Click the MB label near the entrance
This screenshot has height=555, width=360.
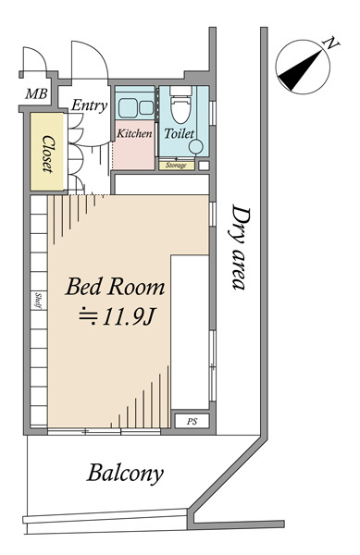[x=36, y=93]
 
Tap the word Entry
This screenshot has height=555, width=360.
[x=90, y=105]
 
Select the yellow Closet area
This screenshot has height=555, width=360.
[x=47, y=152]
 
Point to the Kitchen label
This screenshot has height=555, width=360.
[x=134, y=133]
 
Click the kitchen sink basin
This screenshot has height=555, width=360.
[x=129, y=108]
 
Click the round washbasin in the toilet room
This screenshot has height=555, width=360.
[x=196, y=146]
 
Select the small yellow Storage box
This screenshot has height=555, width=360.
[x=176, y=166]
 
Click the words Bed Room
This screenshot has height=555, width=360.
[x=115, y=287]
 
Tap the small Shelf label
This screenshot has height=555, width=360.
[x=39, y=301]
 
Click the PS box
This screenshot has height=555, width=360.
[x=192, y=421]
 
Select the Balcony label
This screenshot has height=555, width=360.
[x=125, y=474]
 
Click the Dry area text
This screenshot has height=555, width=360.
[x=242, y=248]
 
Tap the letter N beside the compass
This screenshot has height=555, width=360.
[x=331, y=43]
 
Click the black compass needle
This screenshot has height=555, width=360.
[x=302, y=70]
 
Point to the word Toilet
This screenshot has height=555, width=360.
[x=180, y=133]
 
